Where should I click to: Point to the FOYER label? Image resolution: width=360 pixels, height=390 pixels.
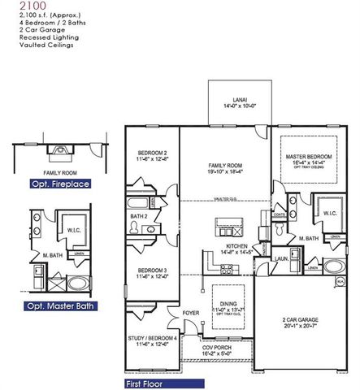click(190, 311)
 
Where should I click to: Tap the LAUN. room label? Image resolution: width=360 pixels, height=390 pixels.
click(280, 258)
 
